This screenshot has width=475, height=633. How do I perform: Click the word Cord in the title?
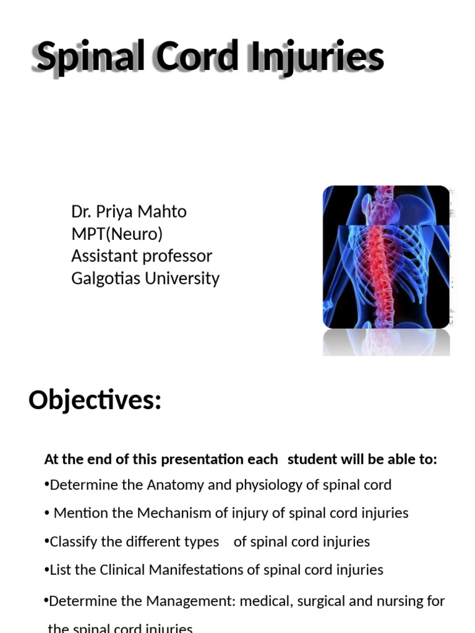point(197,57)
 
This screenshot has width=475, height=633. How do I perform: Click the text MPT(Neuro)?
point(117,234)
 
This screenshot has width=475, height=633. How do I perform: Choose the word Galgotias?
point(106,278)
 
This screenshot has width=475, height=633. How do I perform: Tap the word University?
point(182,278)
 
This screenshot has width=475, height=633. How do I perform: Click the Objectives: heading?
point(95,401)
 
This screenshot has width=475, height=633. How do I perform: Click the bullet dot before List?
point(47,569)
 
